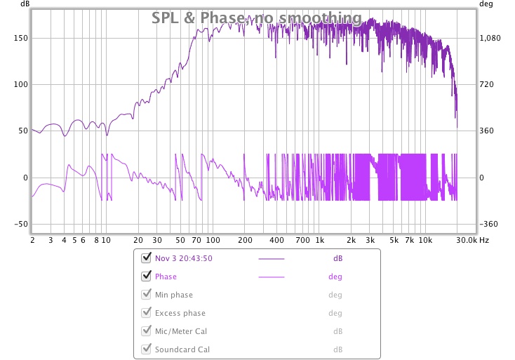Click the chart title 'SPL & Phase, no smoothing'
[257, 18]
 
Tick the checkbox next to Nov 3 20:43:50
[147, 258]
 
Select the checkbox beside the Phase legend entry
[147, 276]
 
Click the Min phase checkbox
[147, 294]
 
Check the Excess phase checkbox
[147, 312]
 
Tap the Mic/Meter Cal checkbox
[147, 331]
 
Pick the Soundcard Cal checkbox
[147, 349]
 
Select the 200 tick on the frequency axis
[245, 240]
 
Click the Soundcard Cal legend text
[182, 349]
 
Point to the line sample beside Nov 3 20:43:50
[272, 259]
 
